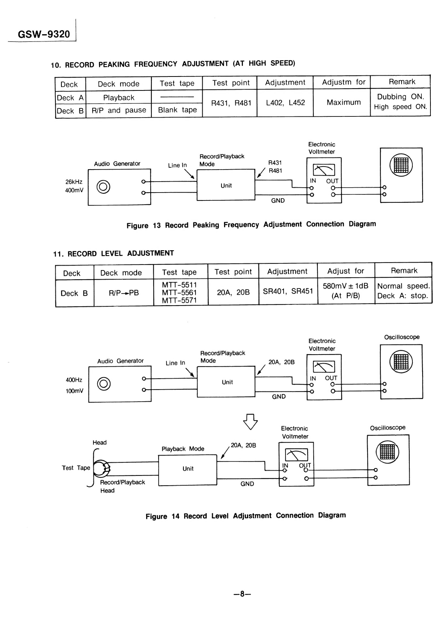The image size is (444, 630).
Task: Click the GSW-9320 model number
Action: pos(44,34)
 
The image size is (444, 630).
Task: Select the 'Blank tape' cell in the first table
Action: pos(177,110)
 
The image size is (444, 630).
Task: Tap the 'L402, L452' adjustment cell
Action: pos(285,102)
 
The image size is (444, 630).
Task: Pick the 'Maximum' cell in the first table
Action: pos(343,102)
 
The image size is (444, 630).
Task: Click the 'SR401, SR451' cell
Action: pos(288,291)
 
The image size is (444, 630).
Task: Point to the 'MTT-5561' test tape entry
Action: pos(179,292)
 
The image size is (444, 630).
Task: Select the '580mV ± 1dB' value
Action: pos(345,286)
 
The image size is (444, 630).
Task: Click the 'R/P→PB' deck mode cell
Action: pos(124,293)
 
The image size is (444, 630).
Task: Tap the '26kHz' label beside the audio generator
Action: pos(74,182)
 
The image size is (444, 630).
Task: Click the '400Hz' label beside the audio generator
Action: pos(74,380)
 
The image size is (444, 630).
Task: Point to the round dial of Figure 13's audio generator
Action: pos(103,187)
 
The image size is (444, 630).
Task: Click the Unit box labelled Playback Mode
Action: pos(188,470)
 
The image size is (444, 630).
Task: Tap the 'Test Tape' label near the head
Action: pos(76,468)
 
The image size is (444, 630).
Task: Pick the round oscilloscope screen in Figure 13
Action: pos(401,165)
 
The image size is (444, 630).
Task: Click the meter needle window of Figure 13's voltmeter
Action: pos(324,170)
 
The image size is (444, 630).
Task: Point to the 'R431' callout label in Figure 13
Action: pos(275,162)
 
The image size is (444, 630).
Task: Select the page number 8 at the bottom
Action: pos(242,594)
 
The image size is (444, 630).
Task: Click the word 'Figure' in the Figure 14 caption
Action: pos(156,516)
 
